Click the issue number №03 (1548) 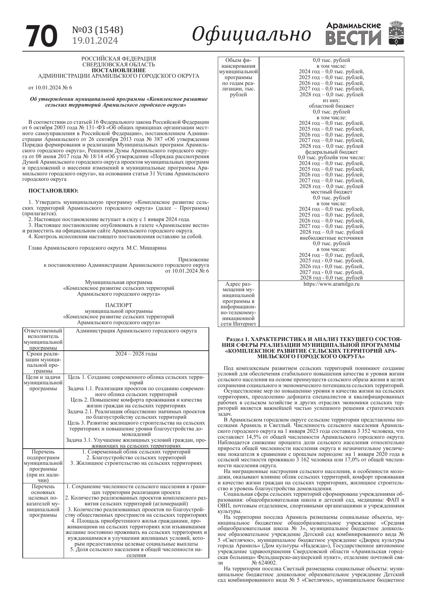pyautogui.click(x=97, y=30)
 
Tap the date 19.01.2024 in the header pyautogui.click(x=95, y=41)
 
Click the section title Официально pyautogui.click(x=251, y=34)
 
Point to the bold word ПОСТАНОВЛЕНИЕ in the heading pyautogui.click(x=118, y=70)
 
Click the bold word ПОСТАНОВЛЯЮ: pyautogui.click(x=53, y=190)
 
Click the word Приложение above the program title pyautogui.click(x=193, y=259)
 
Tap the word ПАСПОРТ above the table pyautogui.click(x=118, y=305)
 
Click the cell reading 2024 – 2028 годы pyautogui.click(x=136, y=354)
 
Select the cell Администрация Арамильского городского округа pyautogui.click(x=136, y=331)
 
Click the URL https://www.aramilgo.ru pyautogui.click(x=331, y=284)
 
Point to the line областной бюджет pyautogui.click(x=331, y=106)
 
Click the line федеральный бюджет pyautogui.click(x=331, y=152)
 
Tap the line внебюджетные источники pyautogui.click(x=331, y=238)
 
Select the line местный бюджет pyautogui.click(x=331, y=192)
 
